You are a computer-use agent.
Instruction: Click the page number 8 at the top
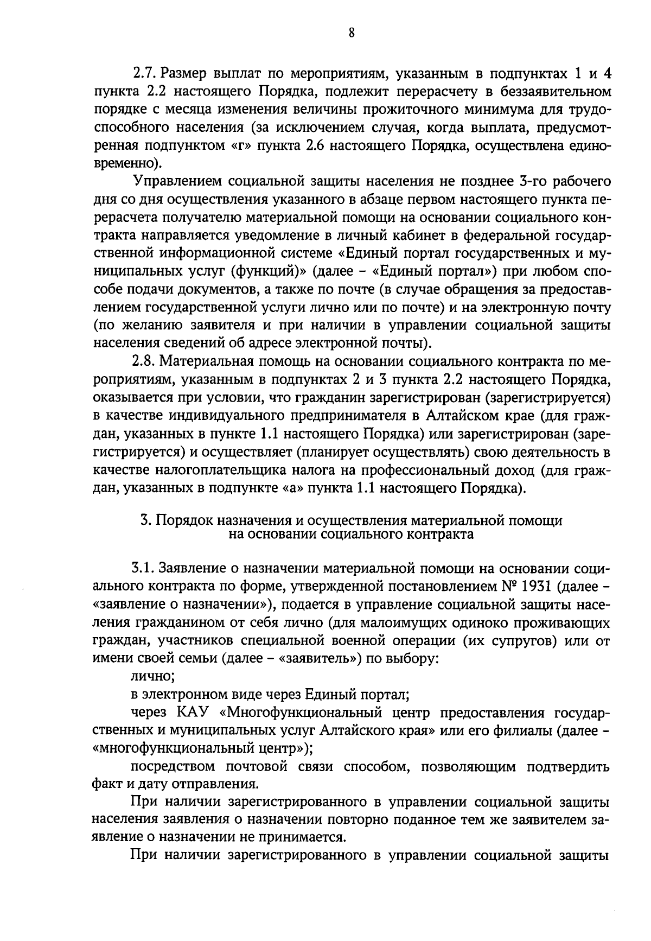click(352, 33)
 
